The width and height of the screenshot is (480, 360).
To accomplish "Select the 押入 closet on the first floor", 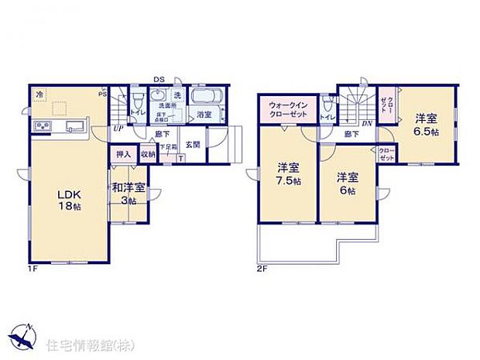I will click(124, 155).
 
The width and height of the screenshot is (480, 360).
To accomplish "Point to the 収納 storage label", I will click(147, 155).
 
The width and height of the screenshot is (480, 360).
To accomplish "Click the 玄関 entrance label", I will click(193, 144).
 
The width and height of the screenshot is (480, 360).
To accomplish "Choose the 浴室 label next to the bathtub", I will click(204, 115).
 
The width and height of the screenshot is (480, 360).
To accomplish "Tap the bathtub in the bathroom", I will click(206, 99).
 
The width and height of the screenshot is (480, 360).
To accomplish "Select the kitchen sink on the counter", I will click(75, 126).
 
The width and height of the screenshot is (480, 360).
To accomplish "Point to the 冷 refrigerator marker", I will click(39, 94).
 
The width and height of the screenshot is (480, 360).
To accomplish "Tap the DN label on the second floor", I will click(369, 122).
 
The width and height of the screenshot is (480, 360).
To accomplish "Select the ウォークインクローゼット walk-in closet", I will click(290, 109).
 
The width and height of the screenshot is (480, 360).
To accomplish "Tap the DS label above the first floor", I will click(159, 78).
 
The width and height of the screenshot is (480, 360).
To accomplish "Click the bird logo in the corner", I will click(26, 338).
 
